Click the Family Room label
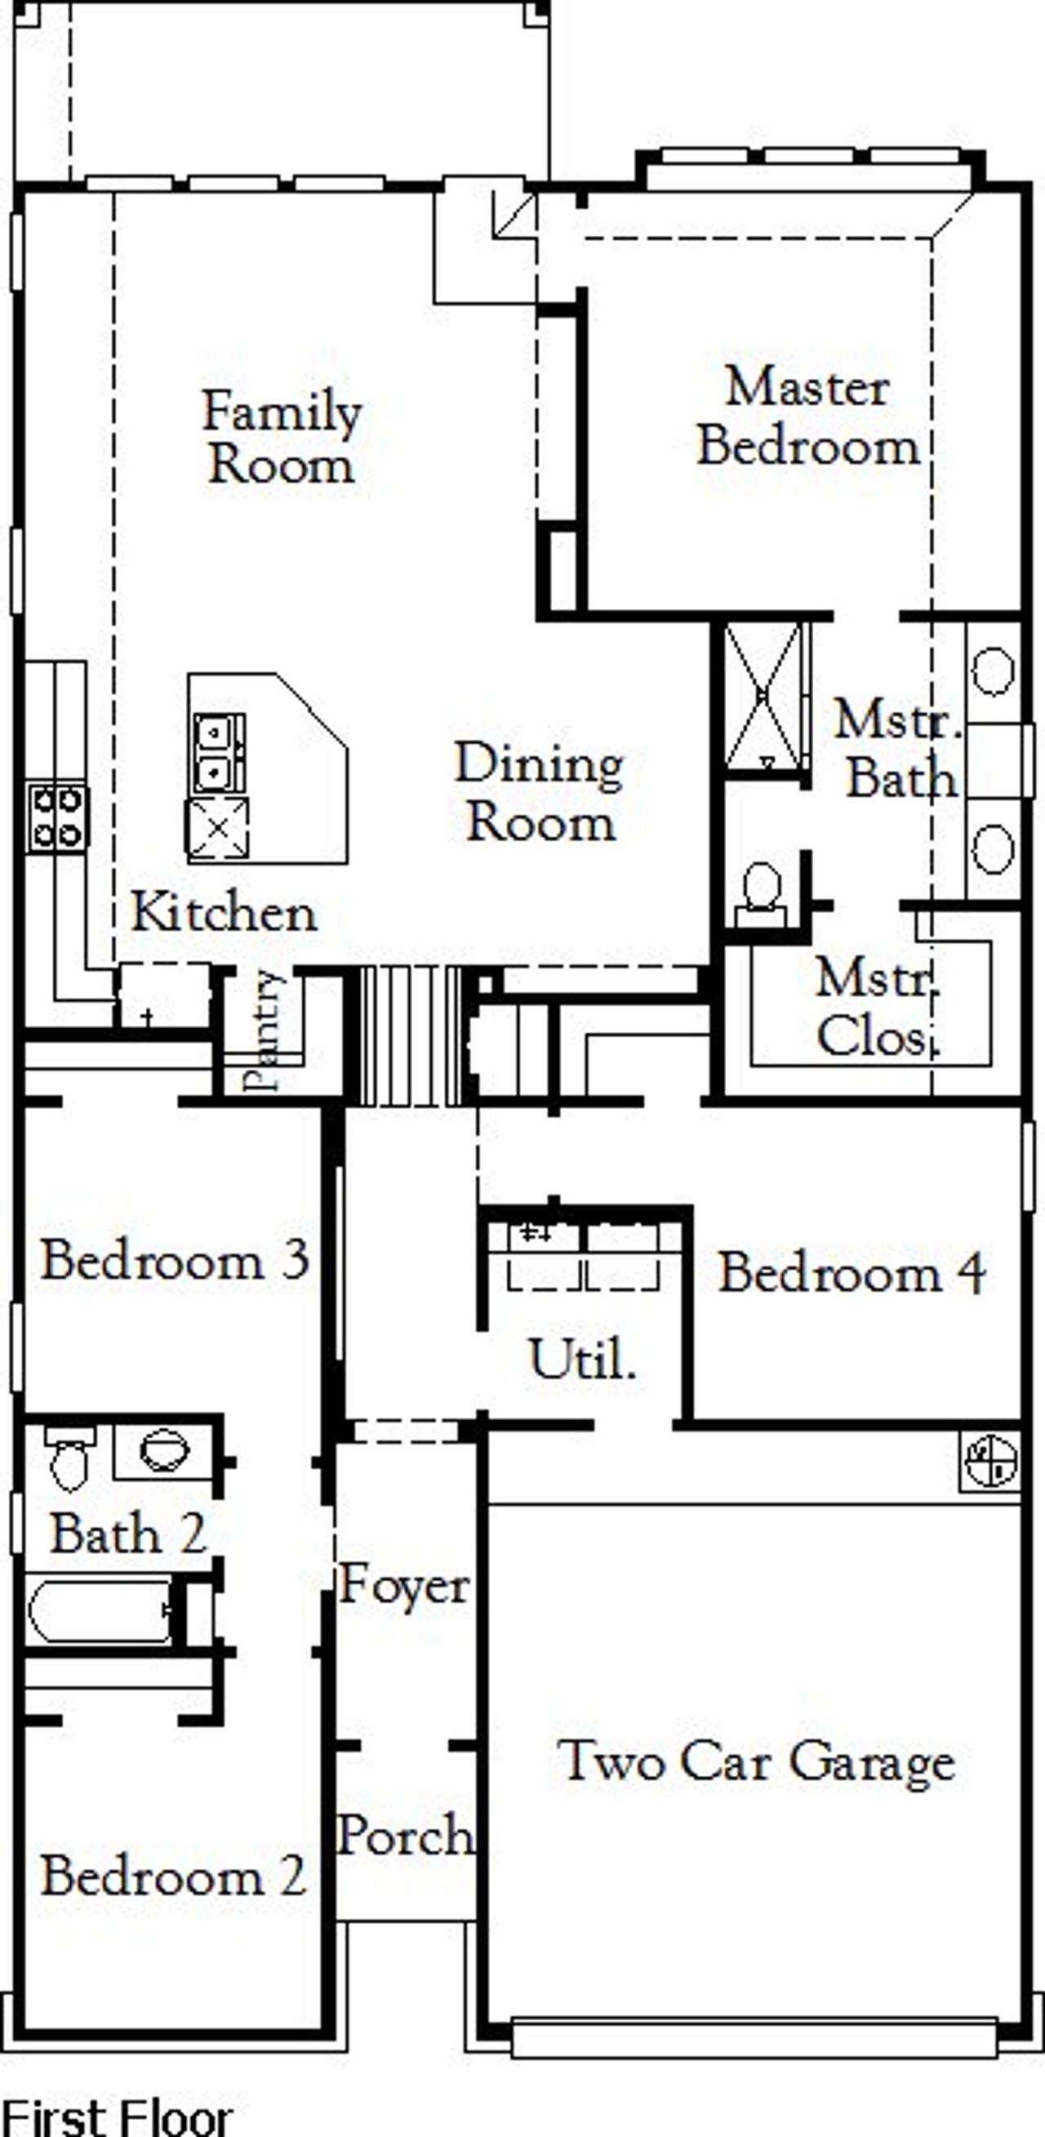tap(282, 437)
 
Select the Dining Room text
tap(540, 792)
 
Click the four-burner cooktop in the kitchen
tap(56, 818)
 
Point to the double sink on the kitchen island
tap(219, 753)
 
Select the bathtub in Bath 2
tap(100, 1609)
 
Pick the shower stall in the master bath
tap(763, 695)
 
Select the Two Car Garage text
tap(756, 1761)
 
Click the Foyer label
tap(404, 1584)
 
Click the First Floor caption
tap(116, 2117)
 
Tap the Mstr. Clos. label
tap(878, 1006)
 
